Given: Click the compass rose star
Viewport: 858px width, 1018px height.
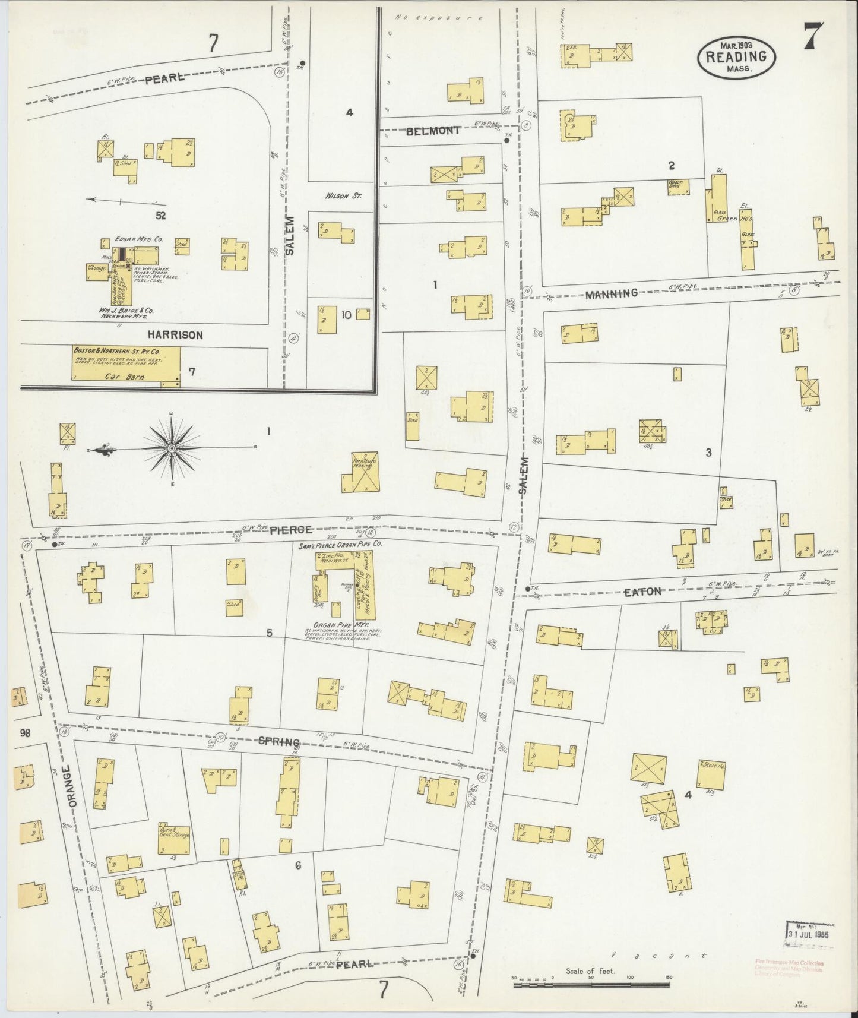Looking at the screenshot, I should pyautogui.click(x=172, y=447).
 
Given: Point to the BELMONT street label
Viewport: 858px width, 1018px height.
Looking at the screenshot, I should pyautogui.click(x=433, y=131).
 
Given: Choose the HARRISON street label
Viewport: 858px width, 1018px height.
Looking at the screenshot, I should pyautogui.click(x=176, y=335).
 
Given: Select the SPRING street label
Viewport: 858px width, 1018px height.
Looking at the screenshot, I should pyautogui.click(x=278, y=742).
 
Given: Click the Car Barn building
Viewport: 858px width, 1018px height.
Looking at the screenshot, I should pyautogui.click(x=126, y=363).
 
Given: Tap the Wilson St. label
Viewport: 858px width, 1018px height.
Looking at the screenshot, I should pyautogui.click(x=340, y=195).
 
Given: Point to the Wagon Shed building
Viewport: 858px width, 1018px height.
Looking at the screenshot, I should pyautogui.click(x=679, y=187).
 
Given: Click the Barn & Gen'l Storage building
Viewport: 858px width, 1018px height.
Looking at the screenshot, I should pyautogui.click(x=174, y=839).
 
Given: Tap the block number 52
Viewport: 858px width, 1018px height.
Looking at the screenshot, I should pyautogui.click(x=160, y=215).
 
